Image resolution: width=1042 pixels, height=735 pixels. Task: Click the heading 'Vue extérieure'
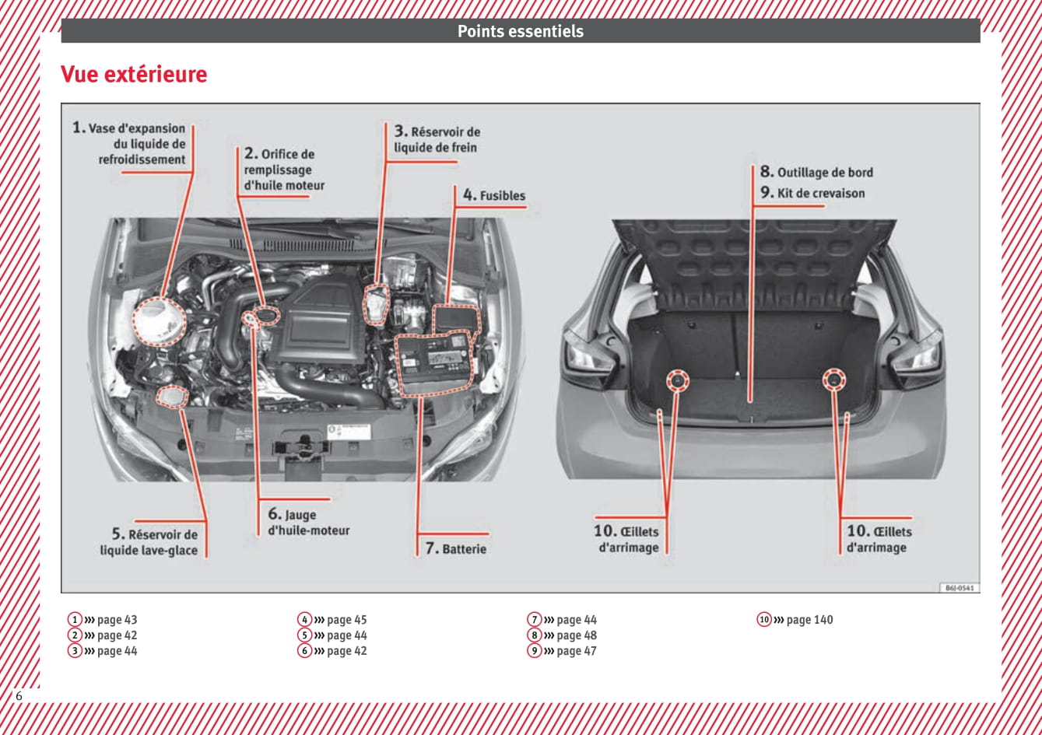point(134,75)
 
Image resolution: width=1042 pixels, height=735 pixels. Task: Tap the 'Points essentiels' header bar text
point(520,31)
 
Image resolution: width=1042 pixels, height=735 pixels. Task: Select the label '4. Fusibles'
point(494,195)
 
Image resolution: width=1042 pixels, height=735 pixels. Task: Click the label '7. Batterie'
point(456,548)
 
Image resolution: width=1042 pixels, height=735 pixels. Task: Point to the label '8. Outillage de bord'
point(817,172)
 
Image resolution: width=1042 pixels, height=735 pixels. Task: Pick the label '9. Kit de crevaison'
point(813,193)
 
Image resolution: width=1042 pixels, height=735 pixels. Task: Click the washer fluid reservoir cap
point(172,396)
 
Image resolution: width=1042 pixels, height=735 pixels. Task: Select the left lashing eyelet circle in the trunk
point(677,380)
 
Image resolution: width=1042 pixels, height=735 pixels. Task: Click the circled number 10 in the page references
point(764,620)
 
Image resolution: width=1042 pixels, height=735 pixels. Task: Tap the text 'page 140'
point(809,620)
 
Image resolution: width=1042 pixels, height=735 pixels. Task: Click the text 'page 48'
point(577,635)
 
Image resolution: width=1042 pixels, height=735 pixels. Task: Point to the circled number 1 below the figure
point(75,620)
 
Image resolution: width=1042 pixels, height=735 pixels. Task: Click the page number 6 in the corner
point(19,696)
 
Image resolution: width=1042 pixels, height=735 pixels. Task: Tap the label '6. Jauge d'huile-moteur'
point(308,522)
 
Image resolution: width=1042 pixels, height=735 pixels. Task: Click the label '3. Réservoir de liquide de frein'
point(437,139)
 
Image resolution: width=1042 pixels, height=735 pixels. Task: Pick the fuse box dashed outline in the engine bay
point(458,319)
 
